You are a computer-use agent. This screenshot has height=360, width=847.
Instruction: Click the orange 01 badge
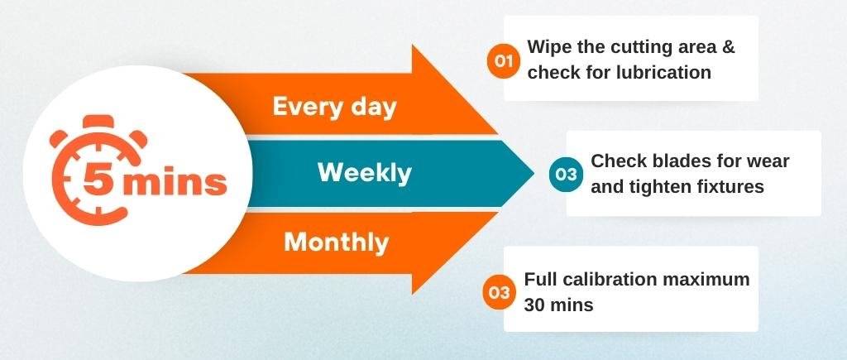pos(504,60)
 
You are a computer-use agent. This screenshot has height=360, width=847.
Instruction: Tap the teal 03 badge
pos(566,175)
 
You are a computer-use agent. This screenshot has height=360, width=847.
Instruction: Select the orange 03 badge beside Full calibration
pos(499,292)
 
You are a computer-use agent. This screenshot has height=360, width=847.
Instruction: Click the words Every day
pos(334,107)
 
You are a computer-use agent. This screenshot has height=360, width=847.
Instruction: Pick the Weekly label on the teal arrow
pos(365,173)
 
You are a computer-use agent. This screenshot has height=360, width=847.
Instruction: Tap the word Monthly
pos(337,242)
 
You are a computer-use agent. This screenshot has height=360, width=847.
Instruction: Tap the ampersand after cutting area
pos(728,47)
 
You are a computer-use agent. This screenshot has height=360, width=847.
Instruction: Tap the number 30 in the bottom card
pos(534,305)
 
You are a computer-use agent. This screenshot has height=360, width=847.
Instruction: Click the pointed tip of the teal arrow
pos(534,174)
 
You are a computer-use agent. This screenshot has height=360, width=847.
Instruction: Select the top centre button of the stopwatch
pos(98,122)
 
